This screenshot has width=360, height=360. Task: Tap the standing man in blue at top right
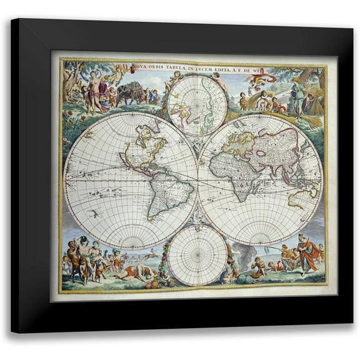[x=298, y=97]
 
